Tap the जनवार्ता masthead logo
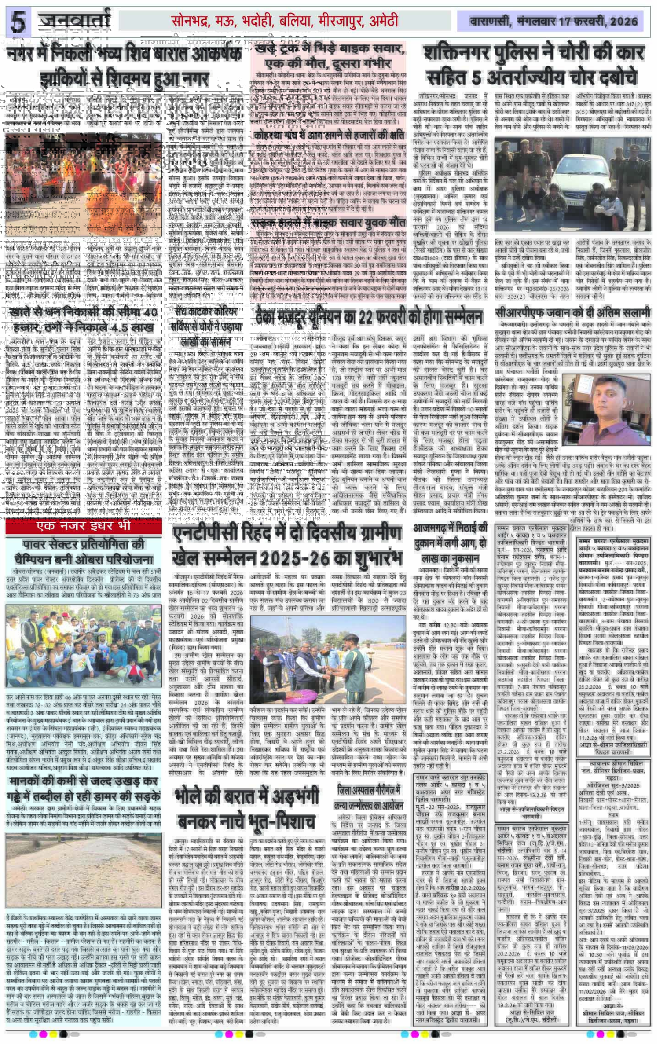pos(75,21)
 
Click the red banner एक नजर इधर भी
pos(83,525)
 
